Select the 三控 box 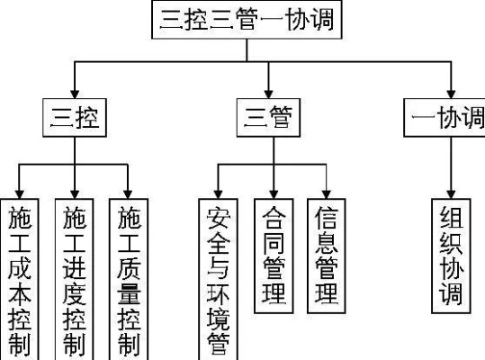click(x=75, y=119)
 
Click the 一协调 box click(x=446, y=119)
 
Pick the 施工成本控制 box click(x=20, y=279)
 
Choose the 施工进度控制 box click(x=74, y=279)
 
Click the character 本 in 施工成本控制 click(x=20, y=294)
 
